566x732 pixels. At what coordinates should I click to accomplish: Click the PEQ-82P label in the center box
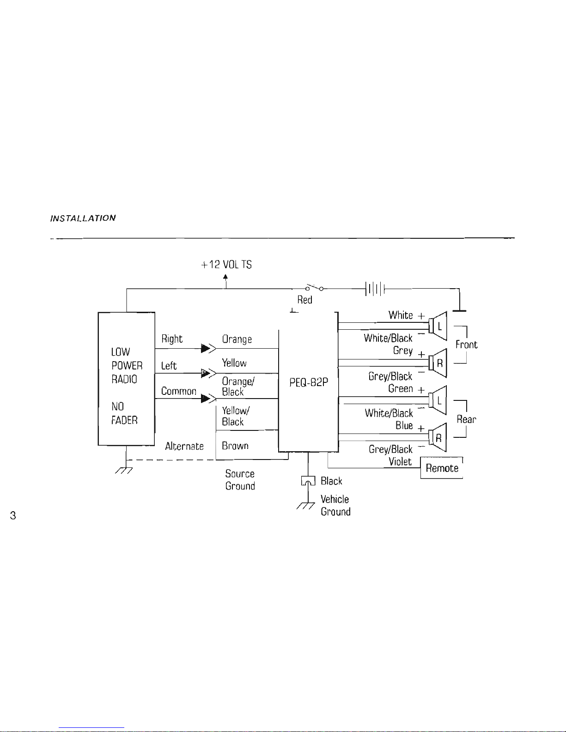click(x=308, y=382)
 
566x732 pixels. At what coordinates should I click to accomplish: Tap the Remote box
click(x=442, y=468)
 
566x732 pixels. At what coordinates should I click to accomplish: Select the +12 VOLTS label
click(x=226, y=265)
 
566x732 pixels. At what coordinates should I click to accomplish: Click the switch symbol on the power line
click(x=314, y=288)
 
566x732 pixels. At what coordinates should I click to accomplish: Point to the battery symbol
click(x=375, y=289)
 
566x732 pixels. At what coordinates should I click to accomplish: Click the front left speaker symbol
click(x=438, y=326)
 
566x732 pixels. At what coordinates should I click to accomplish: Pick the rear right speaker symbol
click(x=438, y=437)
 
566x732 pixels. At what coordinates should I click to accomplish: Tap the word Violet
click(x=400, y=461)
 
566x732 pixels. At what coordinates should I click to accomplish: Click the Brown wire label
click(x=235, y=446)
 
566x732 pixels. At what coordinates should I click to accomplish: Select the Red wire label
click(x=304, y=300)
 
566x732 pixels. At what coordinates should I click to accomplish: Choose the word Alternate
click(x=184, y=446)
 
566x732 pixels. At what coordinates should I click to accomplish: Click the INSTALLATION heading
click(x=83, y=218)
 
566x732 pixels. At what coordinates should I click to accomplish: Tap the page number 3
click(x=13, y=515)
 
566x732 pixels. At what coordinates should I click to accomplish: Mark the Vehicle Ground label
click(x=335, y=505)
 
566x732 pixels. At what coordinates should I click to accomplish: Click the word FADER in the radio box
click(x=124, y=420)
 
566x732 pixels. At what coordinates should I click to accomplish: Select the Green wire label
click(x=400, y=389)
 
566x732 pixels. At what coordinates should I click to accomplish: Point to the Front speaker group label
click(x=466, y=345)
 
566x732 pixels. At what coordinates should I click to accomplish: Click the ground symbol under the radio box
click(x=124, y=470)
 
